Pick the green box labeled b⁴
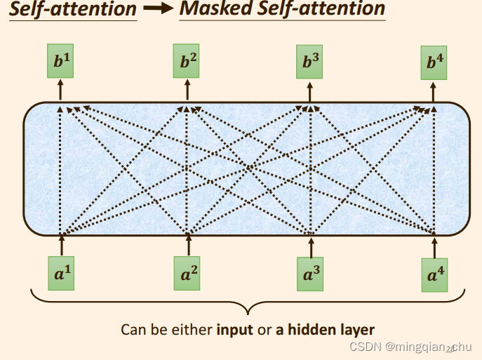435,63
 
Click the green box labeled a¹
62,273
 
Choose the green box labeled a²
188,274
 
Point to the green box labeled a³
310,274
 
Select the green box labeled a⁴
435,275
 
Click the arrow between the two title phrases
158,10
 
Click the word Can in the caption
133,329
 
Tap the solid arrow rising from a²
188,245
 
